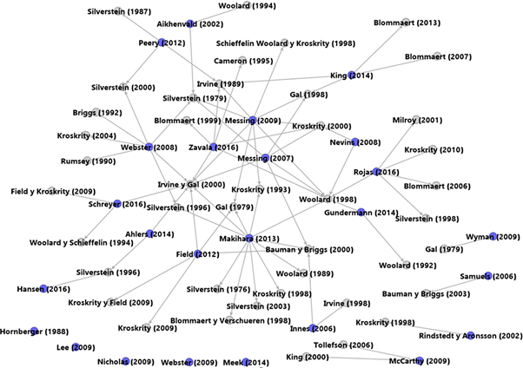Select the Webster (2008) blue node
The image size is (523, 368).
pos(149,147)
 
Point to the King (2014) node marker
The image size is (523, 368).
pos(352,75)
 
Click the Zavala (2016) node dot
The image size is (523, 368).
pos(213,147)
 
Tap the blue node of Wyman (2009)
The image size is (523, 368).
pos(493,235)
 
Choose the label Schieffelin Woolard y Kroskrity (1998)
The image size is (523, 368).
pos(285,43)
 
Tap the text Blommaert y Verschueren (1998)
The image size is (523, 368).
pos(230,320)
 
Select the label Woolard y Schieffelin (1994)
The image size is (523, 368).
pos(75,243)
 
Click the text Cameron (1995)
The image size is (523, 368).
pos(242,61)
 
